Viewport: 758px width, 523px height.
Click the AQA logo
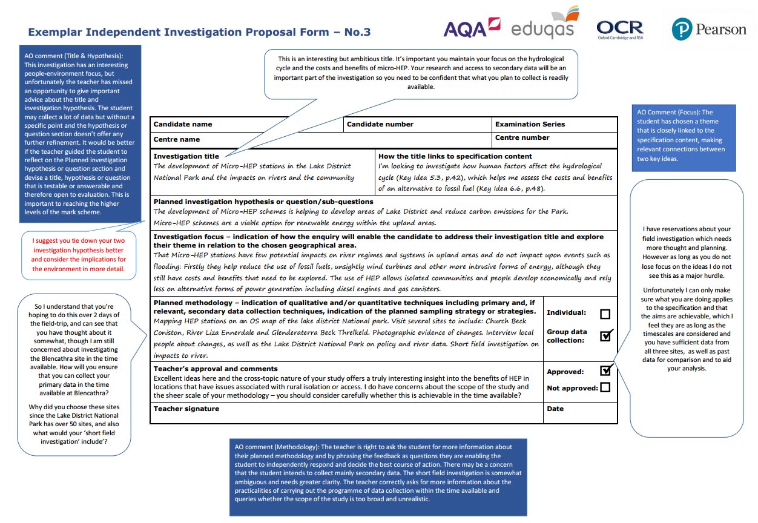click(x=472, y=27)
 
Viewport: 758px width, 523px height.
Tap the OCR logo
click(x=619, y=29)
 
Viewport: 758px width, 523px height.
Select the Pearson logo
click(x=709, y=29)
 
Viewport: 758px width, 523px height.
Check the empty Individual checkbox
click(x=604, y=314)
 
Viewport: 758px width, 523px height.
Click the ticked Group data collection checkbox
click(x=605, y=336)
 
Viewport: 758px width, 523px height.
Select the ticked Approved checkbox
click(x=605, y=371)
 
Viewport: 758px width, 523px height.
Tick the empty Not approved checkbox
click(x=604, y=387)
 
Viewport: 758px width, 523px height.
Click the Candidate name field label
click(x=183, y=124)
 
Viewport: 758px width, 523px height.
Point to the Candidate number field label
click(x=380, y=124)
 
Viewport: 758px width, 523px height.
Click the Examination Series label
click(x=530, y=124)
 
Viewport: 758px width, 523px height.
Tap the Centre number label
click(x=522, y=137)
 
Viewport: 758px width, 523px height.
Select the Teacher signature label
click(x=186, y=409)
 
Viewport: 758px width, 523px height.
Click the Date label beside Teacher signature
click(x=555, y=409)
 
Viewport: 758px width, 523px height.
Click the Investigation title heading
click(x=186, y=156)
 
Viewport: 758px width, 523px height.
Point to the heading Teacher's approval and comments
click(x=215, y=369)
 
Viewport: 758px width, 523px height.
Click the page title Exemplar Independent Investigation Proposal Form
click(x=199, y=32)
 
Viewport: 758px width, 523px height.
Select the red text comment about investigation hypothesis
click(x=79, y=255)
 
